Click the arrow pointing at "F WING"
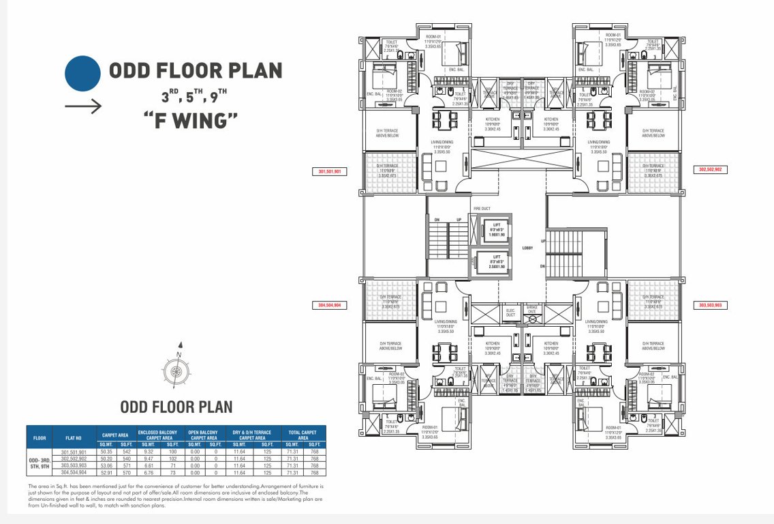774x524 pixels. [84, 106]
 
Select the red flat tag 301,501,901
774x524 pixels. [330, 172]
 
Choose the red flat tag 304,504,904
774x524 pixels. [330, 306]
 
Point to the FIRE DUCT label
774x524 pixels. [482, 208]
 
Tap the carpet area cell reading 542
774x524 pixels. [125, 452]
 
